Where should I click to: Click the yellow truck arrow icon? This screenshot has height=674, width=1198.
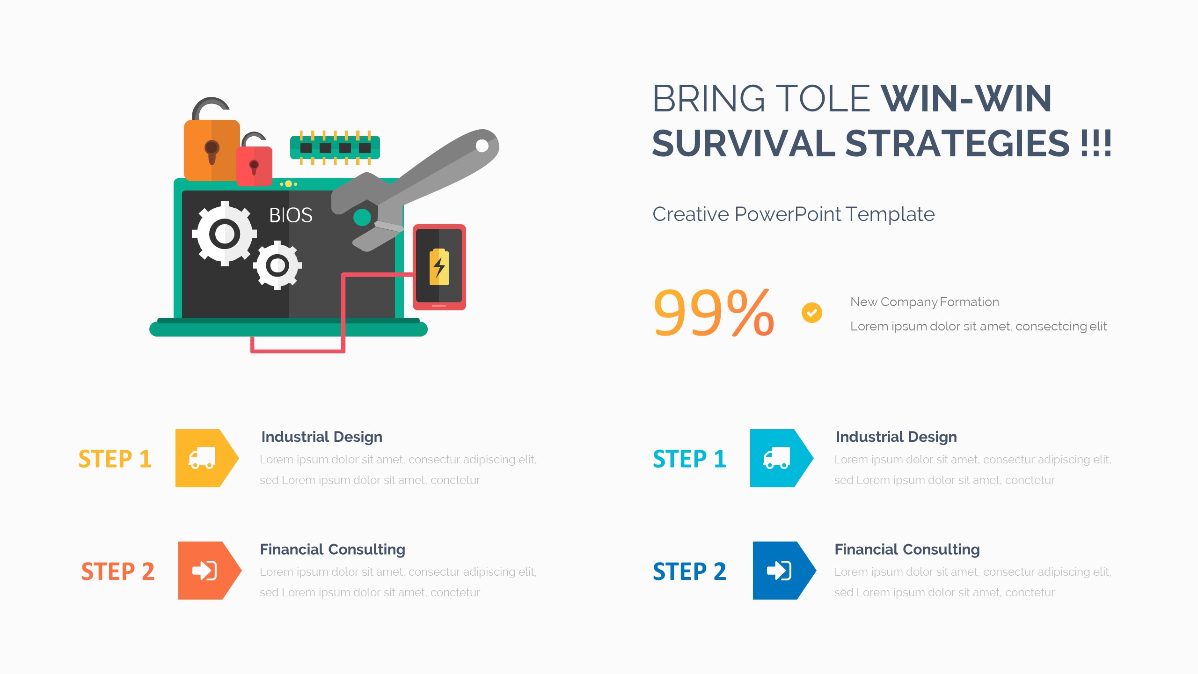pyautogui.click(x=207, y=458)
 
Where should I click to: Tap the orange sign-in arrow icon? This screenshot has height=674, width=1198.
pyautogui.click(x=210, y=571)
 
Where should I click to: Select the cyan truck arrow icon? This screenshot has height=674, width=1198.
pyautogui.click(x=782, y=458)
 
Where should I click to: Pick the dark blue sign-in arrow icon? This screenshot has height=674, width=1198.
pyautogui.click(x=784, y=571)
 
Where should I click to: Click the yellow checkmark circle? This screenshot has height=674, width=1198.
pyautogui.click(x=812, y=313)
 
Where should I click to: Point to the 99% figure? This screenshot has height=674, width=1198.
pyautogui.click(x=714, y=312)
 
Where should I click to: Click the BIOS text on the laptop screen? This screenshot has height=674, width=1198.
pyautogui.click(x=291, y=215)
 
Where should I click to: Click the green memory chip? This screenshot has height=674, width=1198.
pyautogui.click(x=335, y=148)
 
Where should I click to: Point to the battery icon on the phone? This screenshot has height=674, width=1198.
pyautogui.click(x=439, y=267)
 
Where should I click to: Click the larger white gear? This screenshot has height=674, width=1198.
pyautogui.click(x=225, y=234)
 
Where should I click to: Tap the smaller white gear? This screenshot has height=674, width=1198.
pyautogui.click(x=278, y=265)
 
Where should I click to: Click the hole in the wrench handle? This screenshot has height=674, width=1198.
pyautogui.click(x=482, y=146)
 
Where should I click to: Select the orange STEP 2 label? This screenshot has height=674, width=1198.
pyautogui.click(x=118, y=571)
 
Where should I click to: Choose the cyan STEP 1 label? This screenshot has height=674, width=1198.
pyautogui.click(x=690, y=459)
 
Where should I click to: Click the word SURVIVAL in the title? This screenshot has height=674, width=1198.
pyautogui.click(x=744, y=143)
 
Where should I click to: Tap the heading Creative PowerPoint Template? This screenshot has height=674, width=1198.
pyautogui.click(x=794, y=214)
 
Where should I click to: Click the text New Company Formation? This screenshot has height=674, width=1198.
pyautogui.click(x=925, y=302)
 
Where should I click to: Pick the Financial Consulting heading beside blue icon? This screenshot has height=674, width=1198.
pyautogui.click(x=907, y=549)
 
